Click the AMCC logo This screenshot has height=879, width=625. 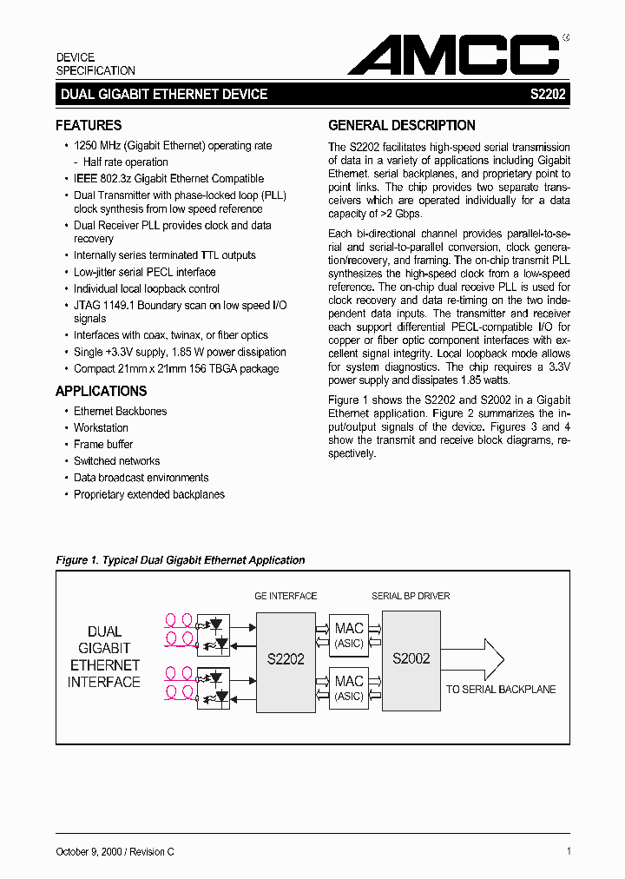point(454,56)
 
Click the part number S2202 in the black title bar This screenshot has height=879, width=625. point(548,95)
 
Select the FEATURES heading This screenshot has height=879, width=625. point(89,125)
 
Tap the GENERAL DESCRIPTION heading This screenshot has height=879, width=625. point(402,125)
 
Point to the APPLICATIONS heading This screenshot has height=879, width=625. point(102,391)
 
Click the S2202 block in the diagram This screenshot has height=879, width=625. point(286,659)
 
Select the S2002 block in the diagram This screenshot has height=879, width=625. point(411,658)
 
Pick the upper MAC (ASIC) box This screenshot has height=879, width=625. point(349,635)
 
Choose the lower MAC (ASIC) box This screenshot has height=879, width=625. point(349,687)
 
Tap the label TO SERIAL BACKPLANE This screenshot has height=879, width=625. point(501,689)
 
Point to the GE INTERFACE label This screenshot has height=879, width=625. point(286,596)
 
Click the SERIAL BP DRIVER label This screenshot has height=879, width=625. point(411,596)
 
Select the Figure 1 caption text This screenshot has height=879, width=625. point(181,560)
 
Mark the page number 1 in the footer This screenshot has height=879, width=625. point(568,852)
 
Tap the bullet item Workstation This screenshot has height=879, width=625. point(101,427)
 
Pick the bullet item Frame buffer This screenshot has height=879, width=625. point(103,444)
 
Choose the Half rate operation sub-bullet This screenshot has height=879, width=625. point(125,162)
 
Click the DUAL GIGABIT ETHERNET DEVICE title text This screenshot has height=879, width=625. point(164,95)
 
